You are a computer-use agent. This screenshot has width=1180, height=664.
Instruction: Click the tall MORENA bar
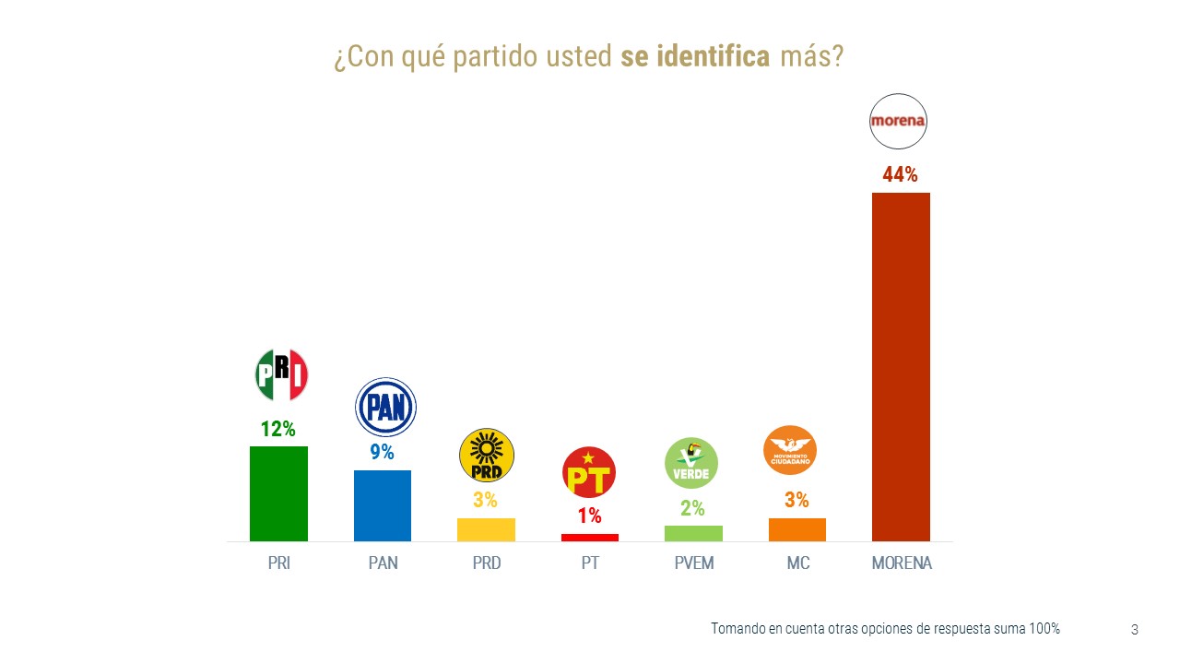coord(901,366)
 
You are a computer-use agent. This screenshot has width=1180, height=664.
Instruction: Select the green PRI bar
coord(278,493)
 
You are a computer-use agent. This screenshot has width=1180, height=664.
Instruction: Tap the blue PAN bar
coord(383,505)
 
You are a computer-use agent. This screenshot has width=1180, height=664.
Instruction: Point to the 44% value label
coord(900,174)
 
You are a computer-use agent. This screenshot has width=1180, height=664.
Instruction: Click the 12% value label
coord(277,429)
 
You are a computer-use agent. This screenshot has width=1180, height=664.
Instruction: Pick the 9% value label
coord(382,453)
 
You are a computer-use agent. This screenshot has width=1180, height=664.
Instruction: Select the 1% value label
coord(590,516)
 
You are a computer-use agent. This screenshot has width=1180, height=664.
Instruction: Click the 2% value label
coord(693,508)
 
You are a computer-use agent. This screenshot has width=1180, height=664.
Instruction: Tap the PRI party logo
coord(281,375)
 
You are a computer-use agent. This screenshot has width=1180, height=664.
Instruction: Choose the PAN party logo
coord(385,407)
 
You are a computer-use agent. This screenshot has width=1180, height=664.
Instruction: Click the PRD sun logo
coord(486,455)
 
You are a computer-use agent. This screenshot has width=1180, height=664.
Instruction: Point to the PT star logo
coord(589,472)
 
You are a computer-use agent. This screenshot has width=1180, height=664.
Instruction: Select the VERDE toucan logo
coord(691,463)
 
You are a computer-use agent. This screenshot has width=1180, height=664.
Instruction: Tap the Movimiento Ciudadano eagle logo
coord(790,450)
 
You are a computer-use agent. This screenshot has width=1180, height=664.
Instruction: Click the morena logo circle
coord(898,121)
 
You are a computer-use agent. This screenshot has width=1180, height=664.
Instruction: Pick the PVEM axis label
coord(693,563)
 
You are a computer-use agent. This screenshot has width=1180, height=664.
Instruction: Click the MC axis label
coord(797,563)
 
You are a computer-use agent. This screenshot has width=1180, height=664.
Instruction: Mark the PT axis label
coord(590,563)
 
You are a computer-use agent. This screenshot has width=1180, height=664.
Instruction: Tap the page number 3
coord(1134,630)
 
